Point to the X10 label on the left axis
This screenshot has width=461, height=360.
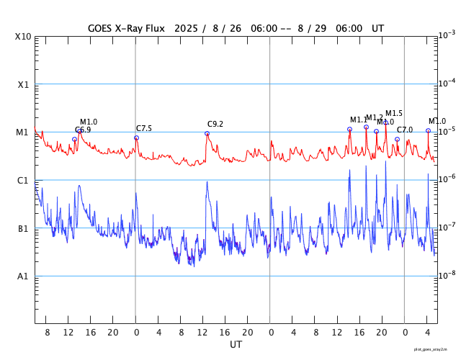coord(23,37)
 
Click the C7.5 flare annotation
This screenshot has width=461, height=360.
coord(144,128)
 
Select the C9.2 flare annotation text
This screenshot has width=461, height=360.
coord(215,124)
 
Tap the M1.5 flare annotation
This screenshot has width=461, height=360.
coord(394,113)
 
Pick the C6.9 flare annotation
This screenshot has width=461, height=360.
coord(83,130)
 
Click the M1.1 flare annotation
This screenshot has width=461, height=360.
coord(359,120)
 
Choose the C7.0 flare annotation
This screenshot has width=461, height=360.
coord(405,130)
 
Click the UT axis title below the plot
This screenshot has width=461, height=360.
coord(236,345)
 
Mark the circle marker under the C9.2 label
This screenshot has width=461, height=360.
coord(207,133)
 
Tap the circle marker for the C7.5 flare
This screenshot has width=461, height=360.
coord(136,138)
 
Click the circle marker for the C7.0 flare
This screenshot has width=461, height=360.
coord(397,140)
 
